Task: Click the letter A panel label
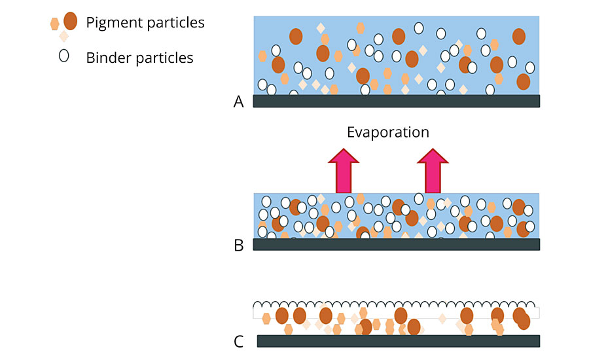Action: tap(239, 101)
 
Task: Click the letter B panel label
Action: tap(239, 245)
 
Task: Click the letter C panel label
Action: tap(239, 341)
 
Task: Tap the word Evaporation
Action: tap(387, 132)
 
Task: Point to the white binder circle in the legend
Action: tap(63, 56)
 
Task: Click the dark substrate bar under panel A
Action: tap(397, 101)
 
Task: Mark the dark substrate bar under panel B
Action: tap(397, 244)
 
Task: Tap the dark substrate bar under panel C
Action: tap(399, 340)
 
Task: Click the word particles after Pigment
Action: tap(173, 23)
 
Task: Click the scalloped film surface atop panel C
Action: tap(397, 304)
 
